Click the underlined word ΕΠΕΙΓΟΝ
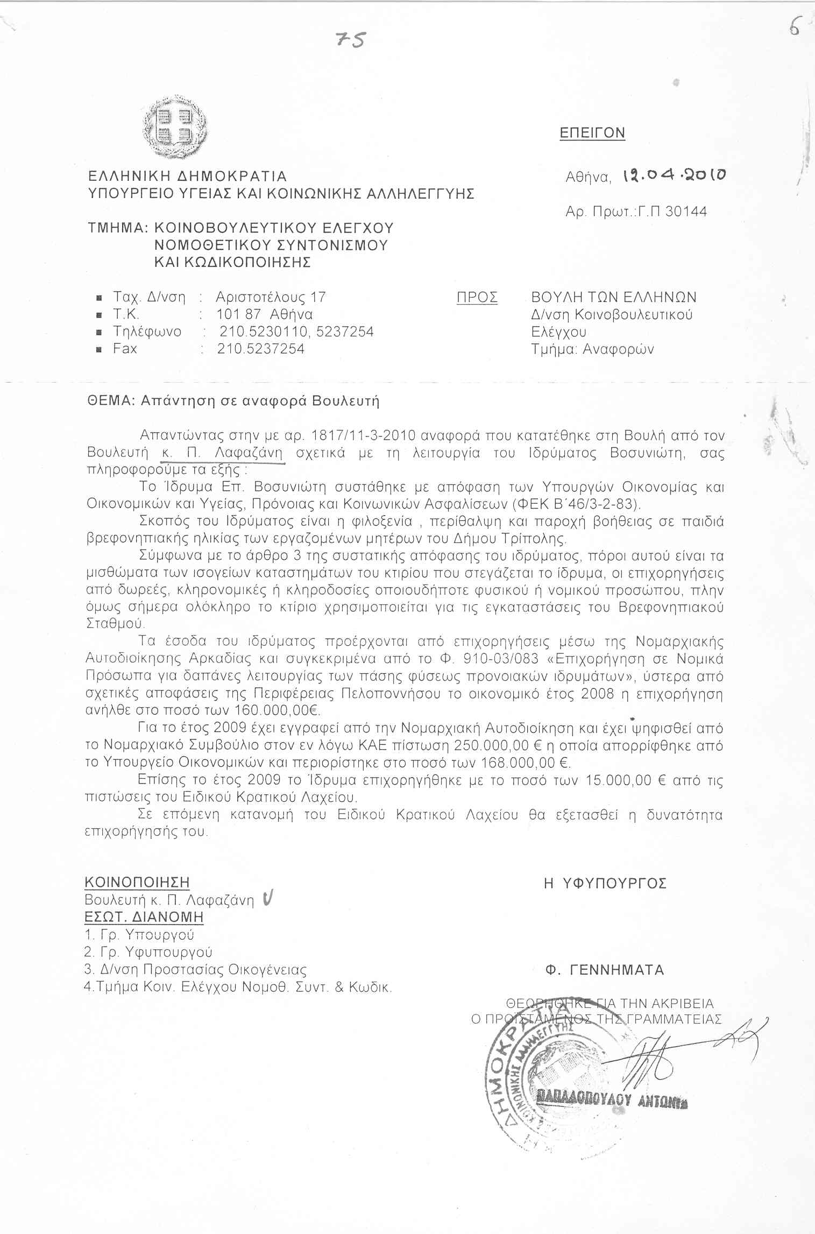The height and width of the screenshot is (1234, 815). [x=592, y=132]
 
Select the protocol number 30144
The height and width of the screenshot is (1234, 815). [x=686, y=211]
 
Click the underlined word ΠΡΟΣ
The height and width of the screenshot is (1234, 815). [x=477, y=298]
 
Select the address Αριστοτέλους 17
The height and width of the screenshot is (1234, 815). [x=271, y=297]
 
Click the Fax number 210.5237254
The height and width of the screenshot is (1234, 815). [x=261, y=349]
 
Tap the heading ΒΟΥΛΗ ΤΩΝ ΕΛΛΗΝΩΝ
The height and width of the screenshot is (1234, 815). [x=614, y=297]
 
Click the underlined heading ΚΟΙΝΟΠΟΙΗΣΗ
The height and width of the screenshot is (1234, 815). [x=137, y=883]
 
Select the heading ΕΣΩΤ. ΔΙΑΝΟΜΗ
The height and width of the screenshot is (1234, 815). [x=144, y=917]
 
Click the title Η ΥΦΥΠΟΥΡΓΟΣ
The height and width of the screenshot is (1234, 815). [x=605, y=883]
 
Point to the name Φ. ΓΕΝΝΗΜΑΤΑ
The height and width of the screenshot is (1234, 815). [x=605, y=970]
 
